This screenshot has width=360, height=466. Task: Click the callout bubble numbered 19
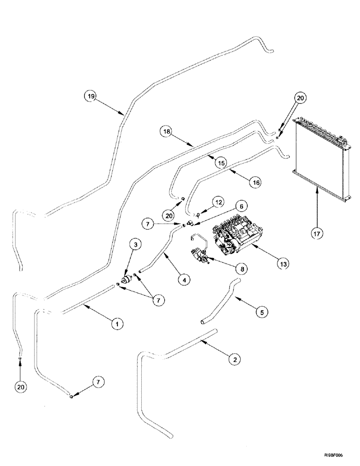[x=90, y=96]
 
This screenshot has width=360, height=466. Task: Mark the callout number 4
[x=185, y=281]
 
